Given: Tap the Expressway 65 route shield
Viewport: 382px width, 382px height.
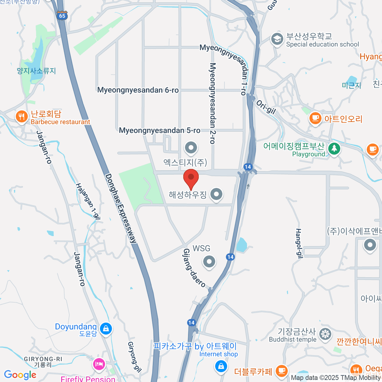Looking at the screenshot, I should tap(62, 16).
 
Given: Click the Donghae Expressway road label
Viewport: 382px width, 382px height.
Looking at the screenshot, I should tap(121, 209).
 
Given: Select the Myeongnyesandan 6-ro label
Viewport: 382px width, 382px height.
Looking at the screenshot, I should tap(138, 90).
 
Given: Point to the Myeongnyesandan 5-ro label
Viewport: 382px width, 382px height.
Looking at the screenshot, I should tap(159, 131).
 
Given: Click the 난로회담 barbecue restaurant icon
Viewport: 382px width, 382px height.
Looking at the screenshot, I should tap(21, 117).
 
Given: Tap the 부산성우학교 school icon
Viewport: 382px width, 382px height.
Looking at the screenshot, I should tap(277, 39).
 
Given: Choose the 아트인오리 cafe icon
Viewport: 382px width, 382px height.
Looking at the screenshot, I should tap(315, 119).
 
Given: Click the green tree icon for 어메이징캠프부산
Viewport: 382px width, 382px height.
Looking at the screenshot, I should tap(334, 148).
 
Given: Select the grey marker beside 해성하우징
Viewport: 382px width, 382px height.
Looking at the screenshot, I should tap(216, 194).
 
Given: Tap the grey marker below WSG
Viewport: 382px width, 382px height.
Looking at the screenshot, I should tap(209, 262).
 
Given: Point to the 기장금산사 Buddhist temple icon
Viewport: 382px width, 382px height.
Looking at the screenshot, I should tap(325, 335).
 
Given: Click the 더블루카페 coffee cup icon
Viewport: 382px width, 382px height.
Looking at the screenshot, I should tap(281, 371).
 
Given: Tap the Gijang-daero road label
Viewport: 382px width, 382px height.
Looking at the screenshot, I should tap(194, 268).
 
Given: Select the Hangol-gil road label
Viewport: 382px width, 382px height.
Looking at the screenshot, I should tap(299, 243).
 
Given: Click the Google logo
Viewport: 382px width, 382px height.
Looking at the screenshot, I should tap(20, 375).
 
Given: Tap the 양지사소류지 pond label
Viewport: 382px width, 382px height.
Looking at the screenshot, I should tap(36, 71).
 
